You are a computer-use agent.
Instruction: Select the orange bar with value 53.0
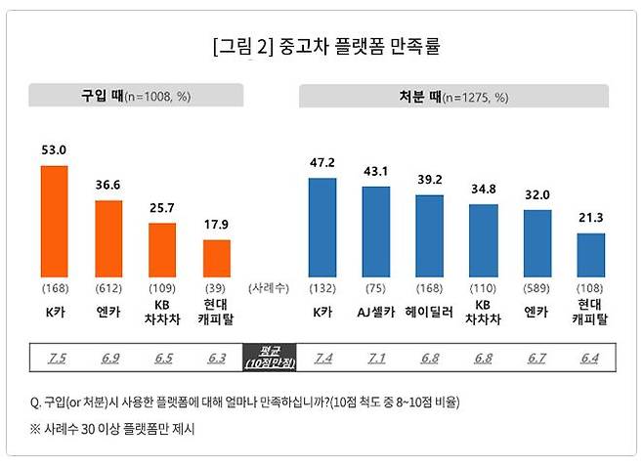click(x=54, y=222)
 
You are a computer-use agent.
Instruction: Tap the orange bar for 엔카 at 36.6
click(x=108, y=239)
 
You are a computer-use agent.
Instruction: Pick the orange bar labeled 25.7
click(x=162, y=250)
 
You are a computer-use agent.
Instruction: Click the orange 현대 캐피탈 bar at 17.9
click(x=217, y=258)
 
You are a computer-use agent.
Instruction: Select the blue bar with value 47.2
click(x=322, y=228)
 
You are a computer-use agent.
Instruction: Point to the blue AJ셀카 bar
click(x=376, y=233)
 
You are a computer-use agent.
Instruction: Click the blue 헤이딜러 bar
click(x=430, y=236)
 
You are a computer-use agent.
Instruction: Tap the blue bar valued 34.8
click(x=484, y=241)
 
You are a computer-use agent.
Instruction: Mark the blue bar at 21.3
click(x=591, y=255)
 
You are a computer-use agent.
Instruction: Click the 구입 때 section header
click(x=135, y=97)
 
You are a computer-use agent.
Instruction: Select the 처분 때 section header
click(x=453, y=97)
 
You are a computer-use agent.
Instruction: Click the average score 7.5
click(x=57, y=357)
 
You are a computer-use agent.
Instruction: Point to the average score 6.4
click(x=591, y=357)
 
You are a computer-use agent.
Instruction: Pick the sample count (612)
click(x=108, y=288)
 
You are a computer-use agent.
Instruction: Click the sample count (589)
click(x=537, y=288)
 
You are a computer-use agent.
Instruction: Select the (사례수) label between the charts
click(x=269, y=288)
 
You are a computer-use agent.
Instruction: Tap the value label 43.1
click(x=376, y=171)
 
